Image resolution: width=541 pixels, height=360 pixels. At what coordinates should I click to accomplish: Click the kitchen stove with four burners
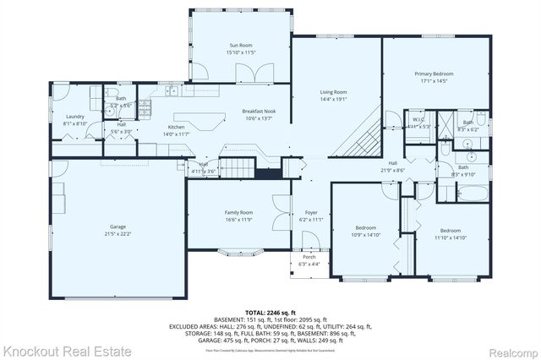click(145, 108)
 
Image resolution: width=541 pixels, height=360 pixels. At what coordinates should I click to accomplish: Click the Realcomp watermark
click(509, 349)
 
